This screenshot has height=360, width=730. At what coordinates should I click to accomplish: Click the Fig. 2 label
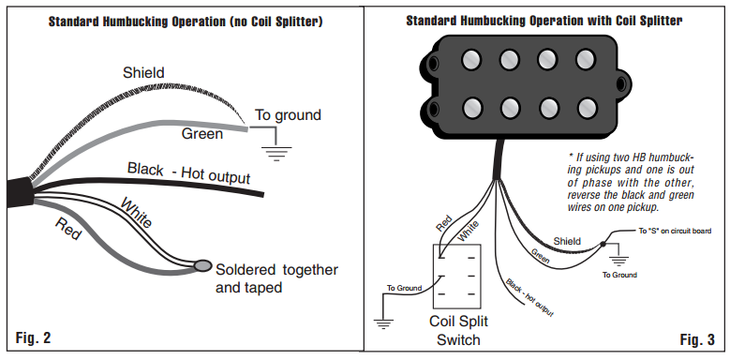(x=33, y=337)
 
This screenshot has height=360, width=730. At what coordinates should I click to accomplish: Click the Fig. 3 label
(x=697, y=339)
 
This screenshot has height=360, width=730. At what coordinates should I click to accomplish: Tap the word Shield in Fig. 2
(x=143, y=72)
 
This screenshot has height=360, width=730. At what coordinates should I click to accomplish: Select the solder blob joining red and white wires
(x=202, y=265)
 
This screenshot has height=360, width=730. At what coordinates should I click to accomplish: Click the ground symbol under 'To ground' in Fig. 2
(x=276, y=153)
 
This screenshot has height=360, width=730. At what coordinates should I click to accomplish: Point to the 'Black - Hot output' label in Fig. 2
(x=188, y=172)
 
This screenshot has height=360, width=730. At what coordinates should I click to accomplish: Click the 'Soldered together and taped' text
(x=276, y=278)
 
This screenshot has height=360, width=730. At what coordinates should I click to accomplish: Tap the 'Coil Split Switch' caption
(x=458, y=330)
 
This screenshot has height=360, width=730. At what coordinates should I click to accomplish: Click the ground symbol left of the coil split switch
(x=383, y=324)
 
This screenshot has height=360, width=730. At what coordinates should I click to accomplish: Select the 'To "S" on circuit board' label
(x=674, y=231)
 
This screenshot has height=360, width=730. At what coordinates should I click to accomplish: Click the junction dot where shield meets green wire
(x=603, y=244)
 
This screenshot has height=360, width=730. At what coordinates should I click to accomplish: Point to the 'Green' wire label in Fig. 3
(x=540, y=256)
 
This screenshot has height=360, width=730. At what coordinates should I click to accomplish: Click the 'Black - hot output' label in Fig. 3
(x=529, y=298)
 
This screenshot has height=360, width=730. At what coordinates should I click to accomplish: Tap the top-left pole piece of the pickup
(x=471, y=59)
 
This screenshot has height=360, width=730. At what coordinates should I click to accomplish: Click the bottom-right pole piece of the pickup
(x=587, y=108)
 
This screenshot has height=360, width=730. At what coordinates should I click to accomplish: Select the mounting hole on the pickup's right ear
(x=621, y=83)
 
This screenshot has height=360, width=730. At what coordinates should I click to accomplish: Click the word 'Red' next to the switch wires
(x=443, y=223)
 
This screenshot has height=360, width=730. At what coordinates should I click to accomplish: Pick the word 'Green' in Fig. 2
(x=202, y=134)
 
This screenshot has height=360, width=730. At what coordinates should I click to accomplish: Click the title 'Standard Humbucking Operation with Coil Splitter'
(x=544, y=21)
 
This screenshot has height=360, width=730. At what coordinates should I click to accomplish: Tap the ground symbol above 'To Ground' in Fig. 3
(x=619, y=261)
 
